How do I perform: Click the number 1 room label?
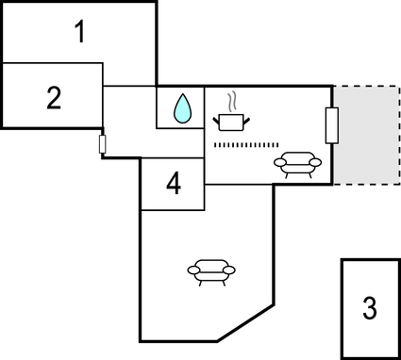pos(80,32)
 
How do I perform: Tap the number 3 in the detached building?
pos(369,307)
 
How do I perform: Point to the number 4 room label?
pos(173,184)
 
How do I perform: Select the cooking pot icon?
pos(228,121)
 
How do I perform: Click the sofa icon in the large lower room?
pos(211,270)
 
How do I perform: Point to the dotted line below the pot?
pos(246,144)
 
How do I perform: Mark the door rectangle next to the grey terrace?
pos(331,125)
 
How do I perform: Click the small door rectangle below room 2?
pos(102,143)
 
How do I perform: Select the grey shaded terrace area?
pos(366,135)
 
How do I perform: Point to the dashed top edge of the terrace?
pos(366,87)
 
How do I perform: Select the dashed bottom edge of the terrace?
pos(366,184)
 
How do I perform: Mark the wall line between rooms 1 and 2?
pos(52,63)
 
